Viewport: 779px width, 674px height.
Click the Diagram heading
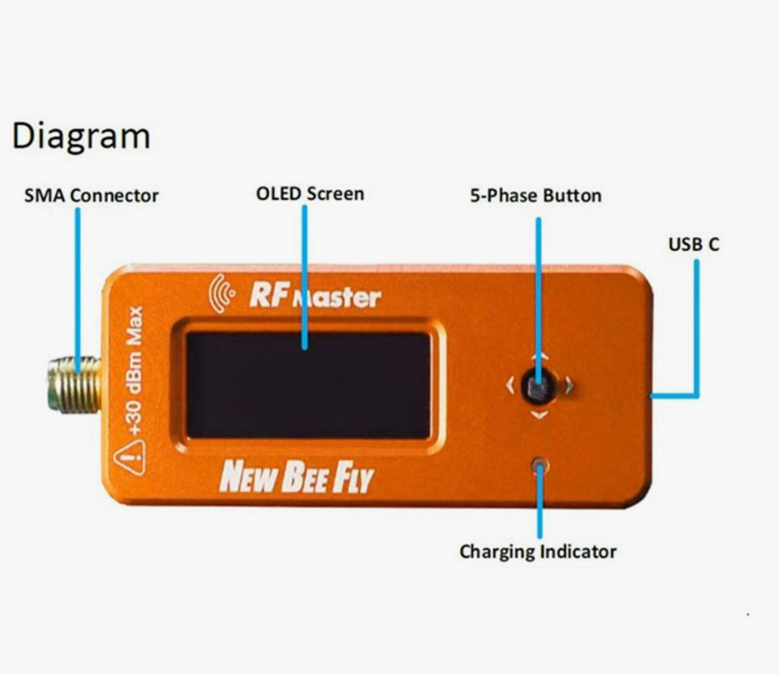[81, 137]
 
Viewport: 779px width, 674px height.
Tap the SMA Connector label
[92, 195]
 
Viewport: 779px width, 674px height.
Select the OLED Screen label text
[310, 193]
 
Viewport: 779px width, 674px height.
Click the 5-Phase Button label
[536, 195]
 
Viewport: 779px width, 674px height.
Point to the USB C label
[694, 244]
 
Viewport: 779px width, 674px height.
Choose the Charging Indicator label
[538, 552]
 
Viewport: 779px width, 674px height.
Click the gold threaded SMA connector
[74, 384]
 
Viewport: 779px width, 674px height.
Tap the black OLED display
[309, 385]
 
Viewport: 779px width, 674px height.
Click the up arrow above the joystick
[539, 357]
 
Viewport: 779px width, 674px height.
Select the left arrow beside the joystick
[511, 386]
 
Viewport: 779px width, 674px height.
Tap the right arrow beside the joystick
[569, 386]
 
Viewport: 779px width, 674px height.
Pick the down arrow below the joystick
[539, 415]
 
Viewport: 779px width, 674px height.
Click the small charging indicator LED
[539, 465]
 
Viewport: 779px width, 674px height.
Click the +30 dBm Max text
[134, 371]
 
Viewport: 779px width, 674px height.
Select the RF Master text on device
[315, 295]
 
